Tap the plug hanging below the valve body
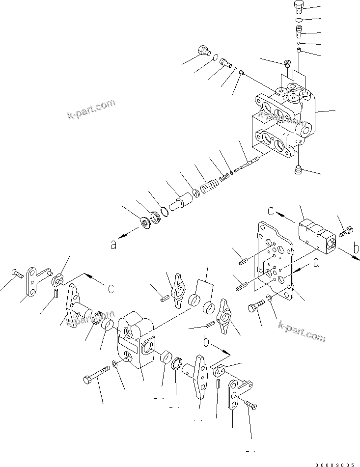coord(297,170)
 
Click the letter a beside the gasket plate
coord(316,263)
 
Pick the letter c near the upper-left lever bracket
coord(111,288)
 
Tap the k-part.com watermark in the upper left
coord(92,109)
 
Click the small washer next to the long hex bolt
coord(114,364)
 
